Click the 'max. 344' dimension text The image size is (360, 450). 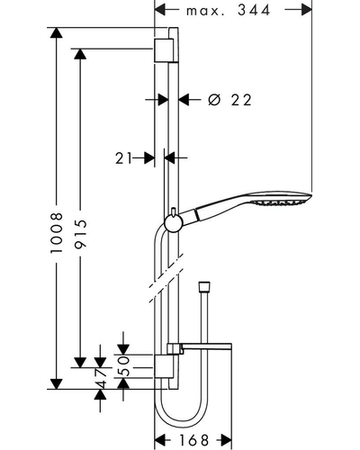coord(228,11)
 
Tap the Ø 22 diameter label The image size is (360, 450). coord(229,100)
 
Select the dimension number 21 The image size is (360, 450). coord(123,158)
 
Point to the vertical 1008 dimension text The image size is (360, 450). coord(57,233)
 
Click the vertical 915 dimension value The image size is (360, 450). coord(80,234)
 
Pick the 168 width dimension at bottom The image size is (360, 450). coord(193,440)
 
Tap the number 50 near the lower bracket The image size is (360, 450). coord(123,365)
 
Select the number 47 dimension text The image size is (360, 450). coord(100,379)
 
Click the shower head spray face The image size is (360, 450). coord(281,202)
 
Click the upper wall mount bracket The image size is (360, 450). coord(164,50)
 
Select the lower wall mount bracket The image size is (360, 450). coord(164,366)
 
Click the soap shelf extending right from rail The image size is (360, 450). coord(200,348)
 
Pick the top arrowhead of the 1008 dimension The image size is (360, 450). coord(57,32)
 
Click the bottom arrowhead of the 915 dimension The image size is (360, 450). coord(80,363)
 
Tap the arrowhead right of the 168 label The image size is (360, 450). coord(226,440)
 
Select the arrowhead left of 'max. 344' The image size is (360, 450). coord(160,10)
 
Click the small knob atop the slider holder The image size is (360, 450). coord(174,211)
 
